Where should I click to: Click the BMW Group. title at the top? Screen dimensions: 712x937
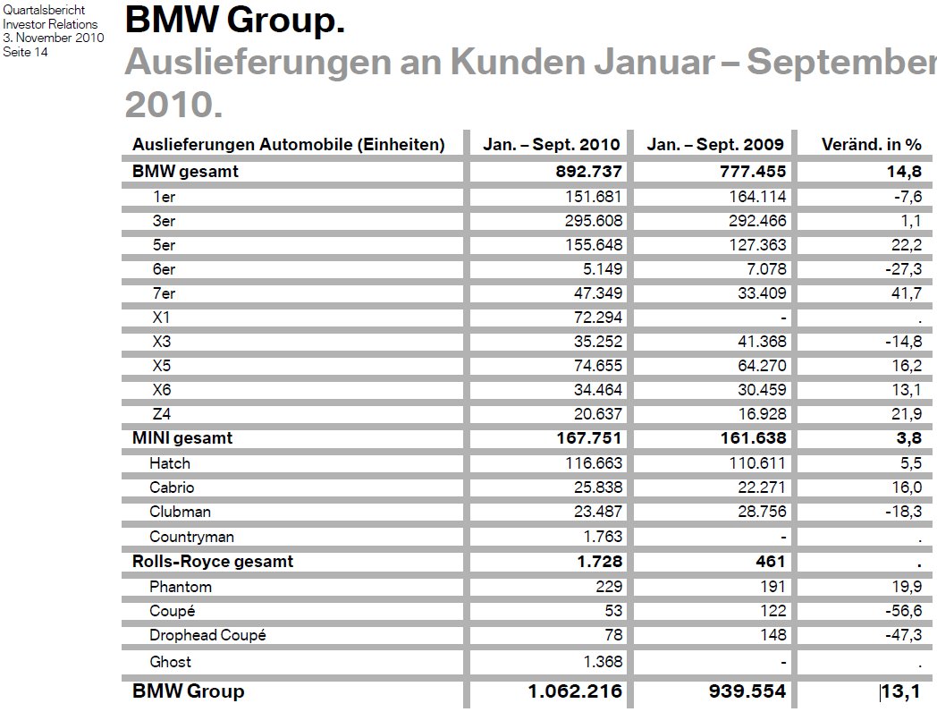[x=235, y=20]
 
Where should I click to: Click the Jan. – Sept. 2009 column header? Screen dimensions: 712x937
[x=715, y=145]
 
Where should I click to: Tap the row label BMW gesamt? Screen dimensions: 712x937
[x=185, y=172]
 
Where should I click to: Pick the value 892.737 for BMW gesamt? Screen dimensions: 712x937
[x=588, y=172]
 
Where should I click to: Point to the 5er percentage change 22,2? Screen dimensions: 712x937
[x=906, y=244]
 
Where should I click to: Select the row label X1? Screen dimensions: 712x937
[x=162, y=317]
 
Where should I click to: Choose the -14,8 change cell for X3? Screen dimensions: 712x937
[x=901, y=341]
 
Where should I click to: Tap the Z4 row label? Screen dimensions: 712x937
[x=162, y=413]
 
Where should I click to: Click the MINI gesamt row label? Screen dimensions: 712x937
[x=182, y=438]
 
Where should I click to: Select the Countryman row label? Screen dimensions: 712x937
[x=191, y=537]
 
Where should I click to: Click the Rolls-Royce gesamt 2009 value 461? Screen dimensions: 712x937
[x=770, y=562]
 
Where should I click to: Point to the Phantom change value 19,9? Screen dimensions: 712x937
[x=906, y=587]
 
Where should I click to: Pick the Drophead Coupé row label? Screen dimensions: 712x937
[x=207, y=635]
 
